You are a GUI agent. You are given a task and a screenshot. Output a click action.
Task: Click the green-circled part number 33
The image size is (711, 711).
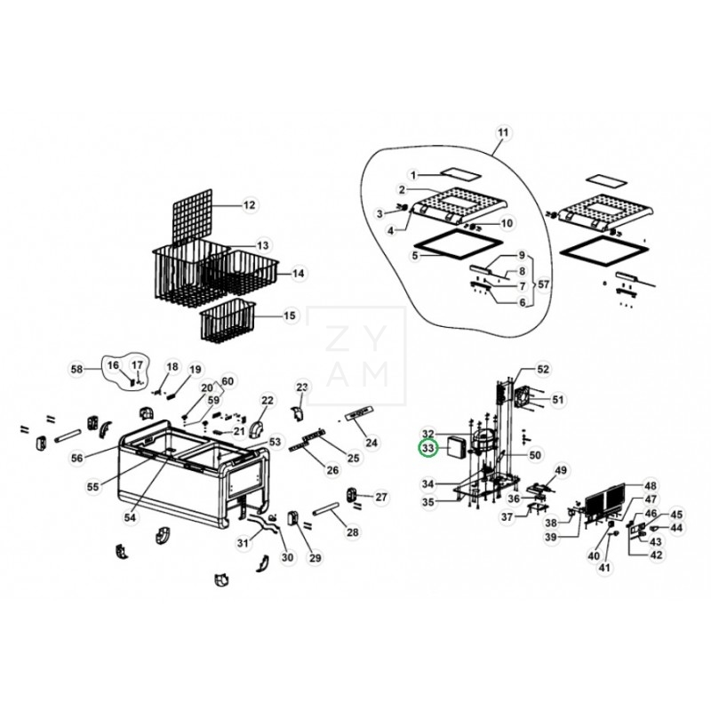pos(428,449)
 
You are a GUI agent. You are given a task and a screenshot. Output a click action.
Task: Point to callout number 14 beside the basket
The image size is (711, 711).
pos(298,274)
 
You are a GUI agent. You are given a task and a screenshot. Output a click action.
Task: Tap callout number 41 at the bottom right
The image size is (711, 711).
pos(605,568)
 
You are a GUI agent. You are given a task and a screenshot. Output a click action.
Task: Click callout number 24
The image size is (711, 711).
pos(371,442)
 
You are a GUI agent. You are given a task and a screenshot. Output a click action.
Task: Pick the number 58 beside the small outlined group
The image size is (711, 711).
pos(76,368)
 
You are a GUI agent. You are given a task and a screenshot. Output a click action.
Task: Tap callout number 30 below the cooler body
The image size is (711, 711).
pos(286,557)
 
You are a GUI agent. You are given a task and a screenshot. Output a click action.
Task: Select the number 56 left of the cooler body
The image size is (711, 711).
pos(77,458)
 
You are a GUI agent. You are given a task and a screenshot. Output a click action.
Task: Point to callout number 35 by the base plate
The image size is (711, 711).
pos(428,502)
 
